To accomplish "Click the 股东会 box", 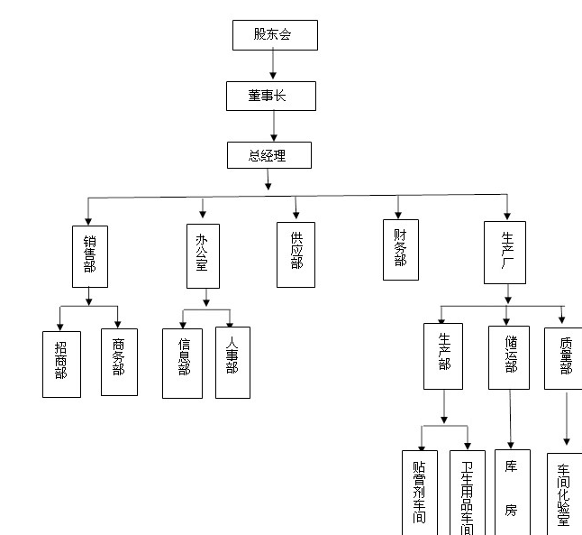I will click(x=274, y=34).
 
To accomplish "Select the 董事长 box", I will click(x=270, y=96).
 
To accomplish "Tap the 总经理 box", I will click(x=268, y=154).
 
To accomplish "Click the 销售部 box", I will click(x=89, y=255).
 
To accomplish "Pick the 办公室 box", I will click(x=203, y=255).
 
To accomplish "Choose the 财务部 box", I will click(x=400, y=248).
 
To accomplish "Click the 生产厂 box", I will click(x=505, y=252).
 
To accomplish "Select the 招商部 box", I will click(x=61, y=364).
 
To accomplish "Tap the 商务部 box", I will click(x=119, y=362).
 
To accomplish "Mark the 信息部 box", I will click(x=183, y=362).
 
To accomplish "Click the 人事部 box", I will click(x=232, y=362).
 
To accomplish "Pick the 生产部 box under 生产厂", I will click(x=443, y=355).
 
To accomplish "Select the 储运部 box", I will click(x=509, y=355).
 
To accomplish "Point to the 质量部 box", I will click(x=564, y=357).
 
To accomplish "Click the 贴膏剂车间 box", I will click(x=420, y=493).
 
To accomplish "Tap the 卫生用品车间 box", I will click(x=467, y=493).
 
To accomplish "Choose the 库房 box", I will click(x=512, y=493).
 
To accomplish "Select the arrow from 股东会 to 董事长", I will click(x=274, y=64).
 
